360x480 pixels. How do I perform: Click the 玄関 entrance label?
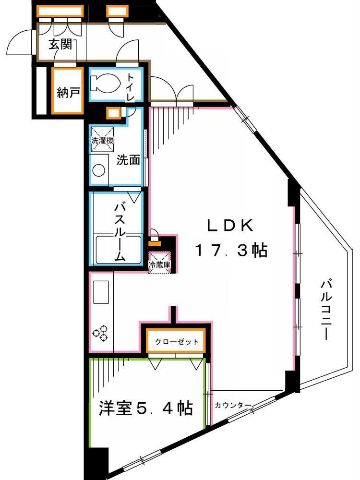[61, 45]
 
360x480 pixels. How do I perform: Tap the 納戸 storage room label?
[68, 93]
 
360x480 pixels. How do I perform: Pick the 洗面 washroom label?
[128, 160]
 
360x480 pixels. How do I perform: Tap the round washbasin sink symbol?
[99, 171]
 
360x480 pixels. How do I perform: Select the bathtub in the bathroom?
[119, 249]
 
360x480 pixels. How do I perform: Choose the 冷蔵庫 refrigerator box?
[159, 264]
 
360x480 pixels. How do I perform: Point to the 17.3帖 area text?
[231, 250]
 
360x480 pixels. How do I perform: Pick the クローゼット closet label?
[177, 342]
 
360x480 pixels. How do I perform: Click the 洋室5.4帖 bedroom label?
[146, 408]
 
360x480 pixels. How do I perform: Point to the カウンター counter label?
[232, 405]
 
